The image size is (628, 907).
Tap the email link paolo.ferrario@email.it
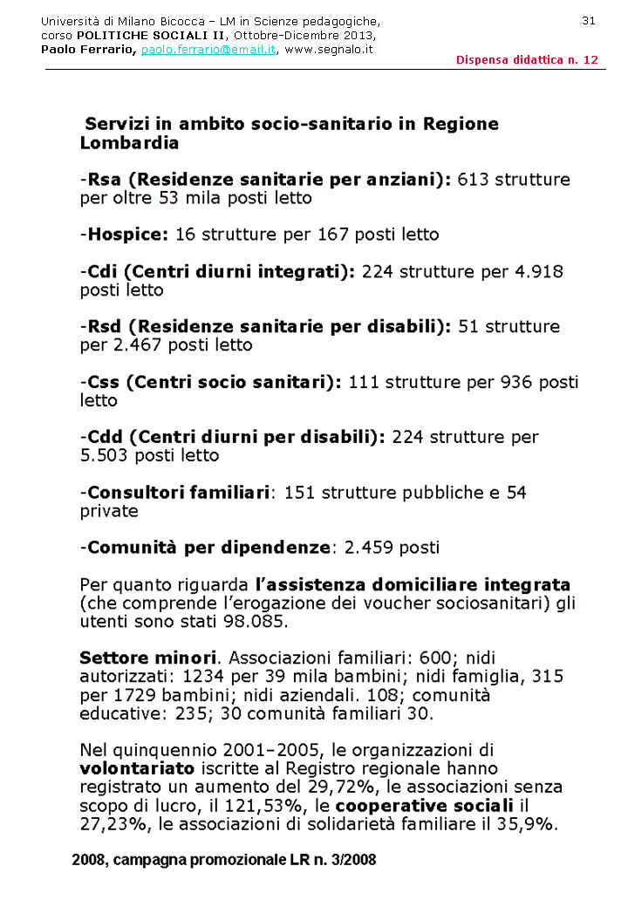click(x=208, y=50)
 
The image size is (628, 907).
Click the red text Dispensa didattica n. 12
click(x=527, y=59)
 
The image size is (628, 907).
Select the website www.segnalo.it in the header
click(x=329, y=50)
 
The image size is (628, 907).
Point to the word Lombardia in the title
click(x=129, y=143)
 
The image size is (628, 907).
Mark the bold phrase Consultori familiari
click(x=179, y=493)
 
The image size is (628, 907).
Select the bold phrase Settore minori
click(x=147, y=658)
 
